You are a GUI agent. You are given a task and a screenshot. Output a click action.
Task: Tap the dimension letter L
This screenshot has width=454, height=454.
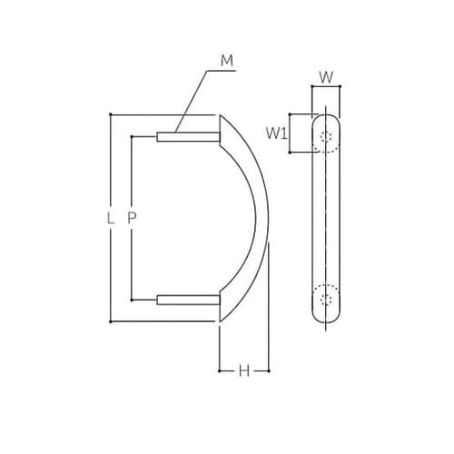(110, 218)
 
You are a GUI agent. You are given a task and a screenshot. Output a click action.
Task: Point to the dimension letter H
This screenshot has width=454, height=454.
(244, 370)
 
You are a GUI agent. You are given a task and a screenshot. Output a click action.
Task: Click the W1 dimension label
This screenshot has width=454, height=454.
(277, 133)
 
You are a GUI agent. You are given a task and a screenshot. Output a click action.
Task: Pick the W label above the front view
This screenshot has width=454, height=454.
(325, 76)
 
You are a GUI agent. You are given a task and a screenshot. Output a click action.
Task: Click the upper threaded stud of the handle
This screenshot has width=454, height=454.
(186, 137)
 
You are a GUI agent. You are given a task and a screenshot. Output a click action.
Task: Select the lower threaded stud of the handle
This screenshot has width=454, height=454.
(186, 299)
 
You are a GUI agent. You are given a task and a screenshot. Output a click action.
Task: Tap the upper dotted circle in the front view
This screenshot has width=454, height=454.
(327, 138)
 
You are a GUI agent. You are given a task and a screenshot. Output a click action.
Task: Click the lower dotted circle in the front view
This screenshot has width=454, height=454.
(327, 298)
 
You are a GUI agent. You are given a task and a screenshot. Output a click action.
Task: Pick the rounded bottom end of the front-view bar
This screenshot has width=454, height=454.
(326, 321)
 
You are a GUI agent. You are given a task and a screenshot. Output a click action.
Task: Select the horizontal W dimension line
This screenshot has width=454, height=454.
(326, 87)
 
